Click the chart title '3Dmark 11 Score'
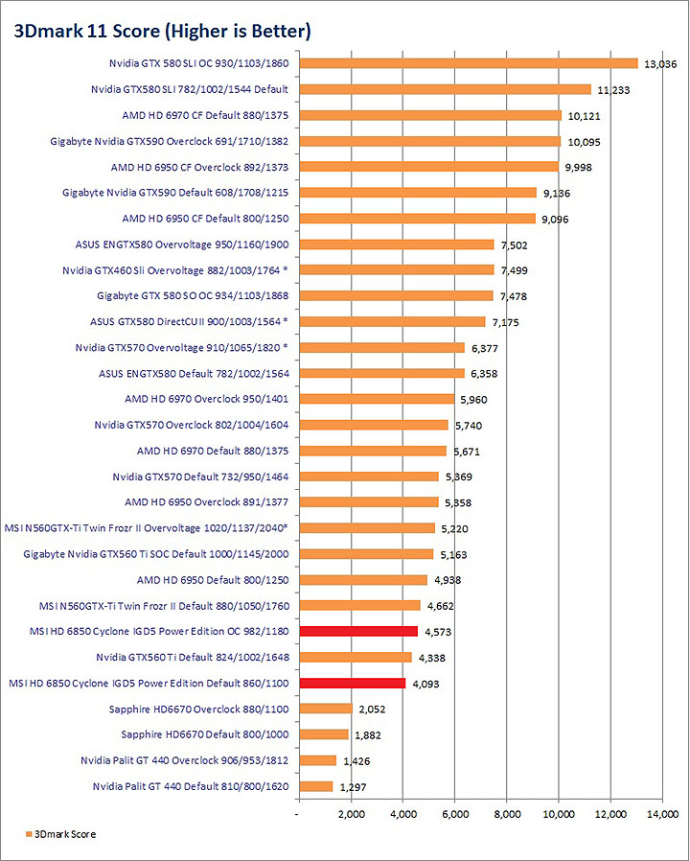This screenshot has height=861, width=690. click(161, 32)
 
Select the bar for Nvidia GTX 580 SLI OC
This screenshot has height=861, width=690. click(469, 63)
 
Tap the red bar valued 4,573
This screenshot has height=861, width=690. click(358, 631)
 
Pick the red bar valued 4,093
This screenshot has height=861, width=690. click(353, 683)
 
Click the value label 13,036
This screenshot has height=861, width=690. click(660, 64)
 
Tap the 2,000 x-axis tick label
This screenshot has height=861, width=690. click(351, 814)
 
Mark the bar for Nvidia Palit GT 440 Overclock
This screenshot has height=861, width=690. click(318, 760)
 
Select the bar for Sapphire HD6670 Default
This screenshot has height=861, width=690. click(324, 734)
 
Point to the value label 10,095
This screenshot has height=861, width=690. click(584, 142)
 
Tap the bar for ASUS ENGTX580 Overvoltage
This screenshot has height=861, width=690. click(397, 244)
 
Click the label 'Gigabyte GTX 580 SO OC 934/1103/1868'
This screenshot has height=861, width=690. click(194, 295)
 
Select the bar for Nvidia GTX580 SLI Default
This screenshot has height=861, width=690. click(446, 89)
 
